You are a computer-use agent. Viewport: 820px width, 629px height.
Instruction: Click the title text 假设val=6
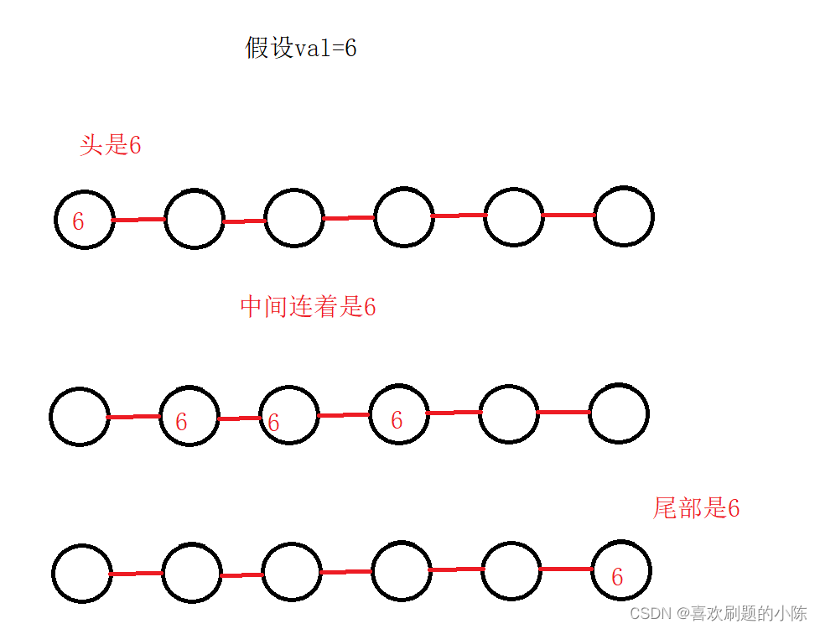(301, 48)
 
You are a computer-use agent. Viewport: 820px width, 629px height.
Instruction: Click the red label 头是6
(110, 145)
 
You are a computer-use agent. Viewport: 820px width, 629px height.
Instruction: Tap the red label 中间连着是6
(308, 307)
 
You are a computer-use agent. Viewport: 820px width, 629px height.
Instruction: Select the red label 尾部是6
(696, 507)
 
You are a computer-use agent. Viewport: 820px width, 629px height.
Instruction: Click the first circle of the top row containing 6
(85, 220)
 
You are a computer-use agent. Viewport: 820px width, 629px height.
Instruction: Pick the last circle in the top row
(623, 216)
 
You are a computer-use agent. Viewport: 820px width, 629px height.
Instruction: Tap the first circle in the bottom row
(82, 574)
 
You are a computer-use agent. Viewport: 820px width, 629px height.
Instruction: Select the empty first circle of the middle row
(80, 417)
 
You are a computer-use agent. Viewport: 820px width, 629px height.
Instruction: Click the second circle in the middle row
(189, 417)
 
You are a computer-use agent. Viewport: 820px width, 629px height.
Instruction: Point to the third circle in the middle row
(289, 415)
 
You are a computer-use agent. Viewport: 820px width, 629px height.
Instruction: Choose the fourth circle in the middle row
(398, 414)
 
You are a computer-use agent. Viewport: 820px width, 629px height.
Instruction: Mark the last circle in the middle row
(619, 413)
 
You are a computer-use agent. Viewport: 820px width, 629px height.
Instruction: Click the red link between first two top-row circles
(138, 220)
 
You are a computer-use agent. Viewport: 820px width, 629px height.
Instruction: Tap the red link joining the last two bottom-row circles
(565, 569)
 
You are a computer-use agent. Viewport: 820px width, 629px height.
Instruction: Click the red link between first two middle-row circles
(133, 416)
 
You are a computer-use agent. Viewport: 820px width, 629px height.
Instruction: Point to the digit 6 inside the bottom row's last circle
(617, 577)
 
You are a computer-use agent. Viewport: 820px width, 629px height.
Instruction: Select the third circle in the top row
(294, 218)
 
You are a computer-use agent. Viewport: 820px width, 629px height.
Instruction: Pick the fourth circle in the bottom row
(401, 572)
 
